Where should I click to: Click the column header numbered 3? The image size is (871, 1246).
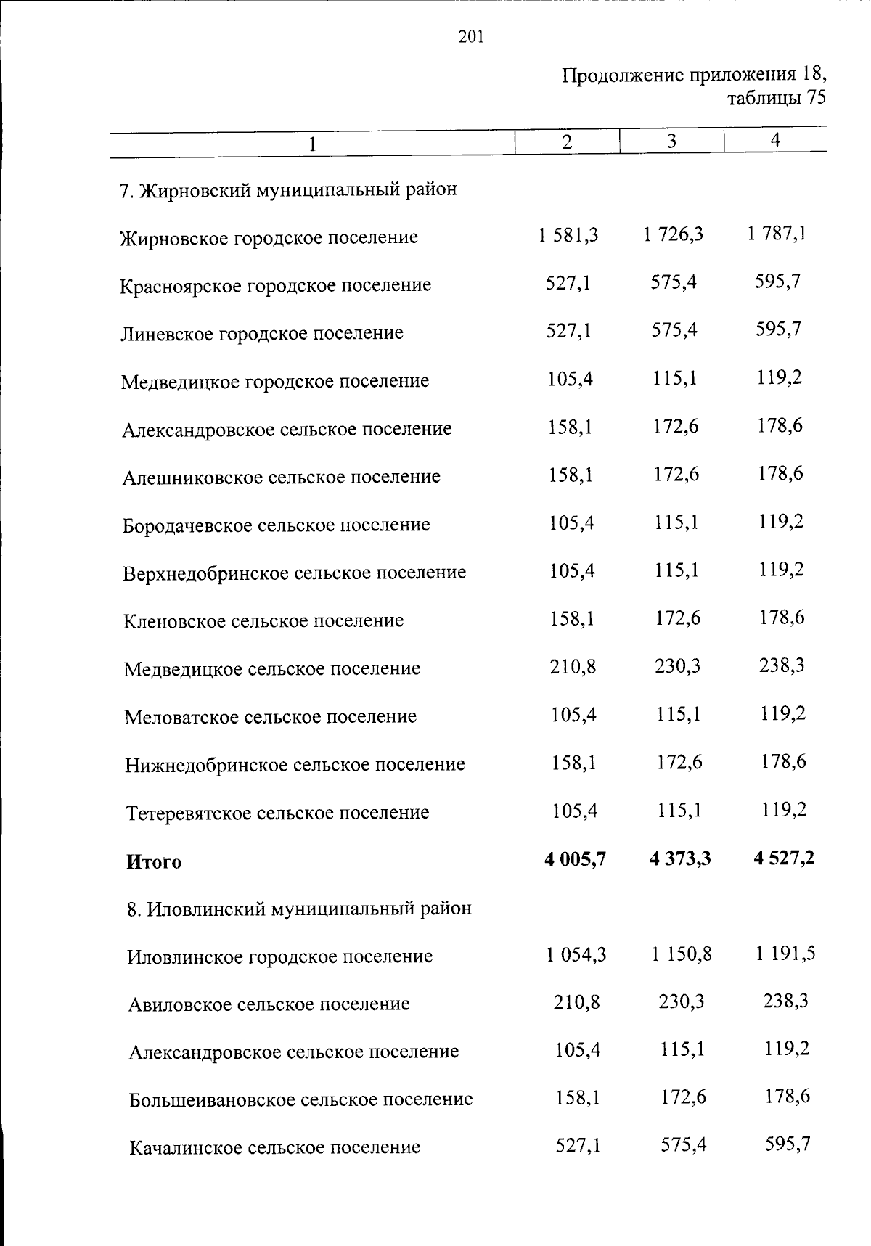tap(672, 142)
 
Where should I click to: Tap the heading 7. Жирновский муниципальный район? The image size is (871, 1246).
tap(288, 190)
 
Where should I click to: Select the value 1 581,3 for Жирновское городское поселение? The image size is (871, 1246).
tap(568, 235)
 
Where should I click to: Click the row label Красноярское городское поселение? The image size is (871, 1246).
tap(276, 285)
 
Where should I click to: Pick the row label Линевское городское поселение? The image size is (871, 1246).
tap(262, 333)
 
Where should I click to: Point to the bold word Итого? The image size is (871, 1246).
tap(154, 862)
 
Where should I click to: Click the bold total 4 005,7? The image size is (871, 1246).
tap(575, 859)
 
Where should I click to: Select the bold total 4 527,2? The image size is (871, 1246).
tap(784, 858)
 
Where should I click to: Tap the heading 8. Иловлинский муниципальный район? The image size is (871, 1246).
tap(299, 909)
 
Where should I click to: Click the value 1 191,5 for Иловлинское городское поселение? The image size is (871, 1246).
tap(785, 954)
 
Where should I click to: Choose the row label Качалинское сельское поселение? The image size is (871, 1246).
tap(275, 1147)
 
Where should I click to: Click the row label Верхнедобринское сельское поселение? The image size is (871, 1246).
tap(295, 573)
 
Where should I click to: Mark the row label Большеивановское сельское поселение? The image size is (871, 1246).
tap(301, 1099)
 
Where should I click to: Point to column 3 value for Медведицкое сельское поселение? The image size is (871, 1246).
tap(677, 665)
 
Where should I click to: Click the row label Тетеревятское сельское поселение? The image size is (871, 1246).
tap(279, 813)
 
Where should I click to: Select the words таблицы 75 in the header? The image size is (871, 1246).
tap(777, 98)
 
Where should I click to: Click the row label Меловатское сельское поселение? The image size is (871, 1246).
tap(271, 717)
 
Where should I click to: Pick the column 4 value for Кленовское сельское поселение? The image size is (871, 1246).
tap(782, 618)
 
